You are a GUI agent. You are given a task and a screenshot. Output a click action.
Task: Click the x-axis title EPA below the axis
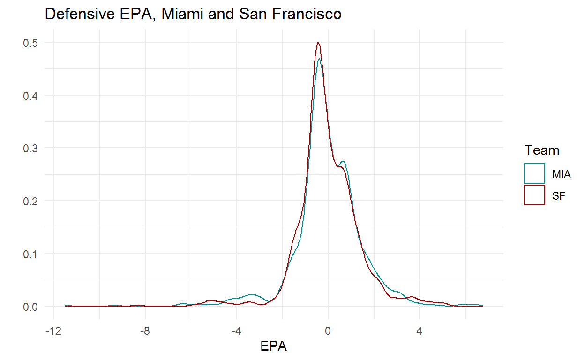273,346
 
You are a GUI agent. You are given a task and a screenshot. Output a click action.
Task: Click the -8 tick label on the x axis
144,330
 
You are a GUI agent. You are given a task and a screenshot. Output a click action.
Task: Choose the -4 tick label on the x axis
236,330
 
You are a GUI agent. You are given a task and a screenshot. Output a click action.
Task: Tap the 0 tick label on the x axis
328,330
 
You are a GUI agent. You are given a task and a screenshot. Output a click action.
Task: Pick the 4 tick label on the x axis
420,330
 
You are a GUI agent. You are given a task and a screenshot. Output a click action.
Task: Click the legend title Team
542,150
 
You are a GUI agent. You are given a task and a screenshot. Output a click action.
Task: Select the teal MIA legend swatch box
534,173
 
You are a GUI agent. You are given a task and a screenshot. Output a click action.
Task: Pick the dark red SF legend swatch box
534,195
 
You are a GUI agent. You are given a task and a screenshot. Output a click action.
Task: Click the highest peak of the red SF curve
318,42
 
